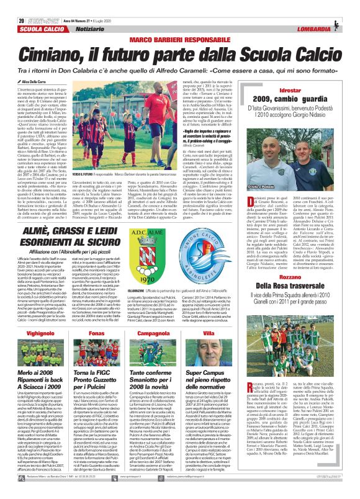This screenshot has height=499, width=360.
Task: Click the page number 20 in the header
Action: (x=12, y=5)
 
